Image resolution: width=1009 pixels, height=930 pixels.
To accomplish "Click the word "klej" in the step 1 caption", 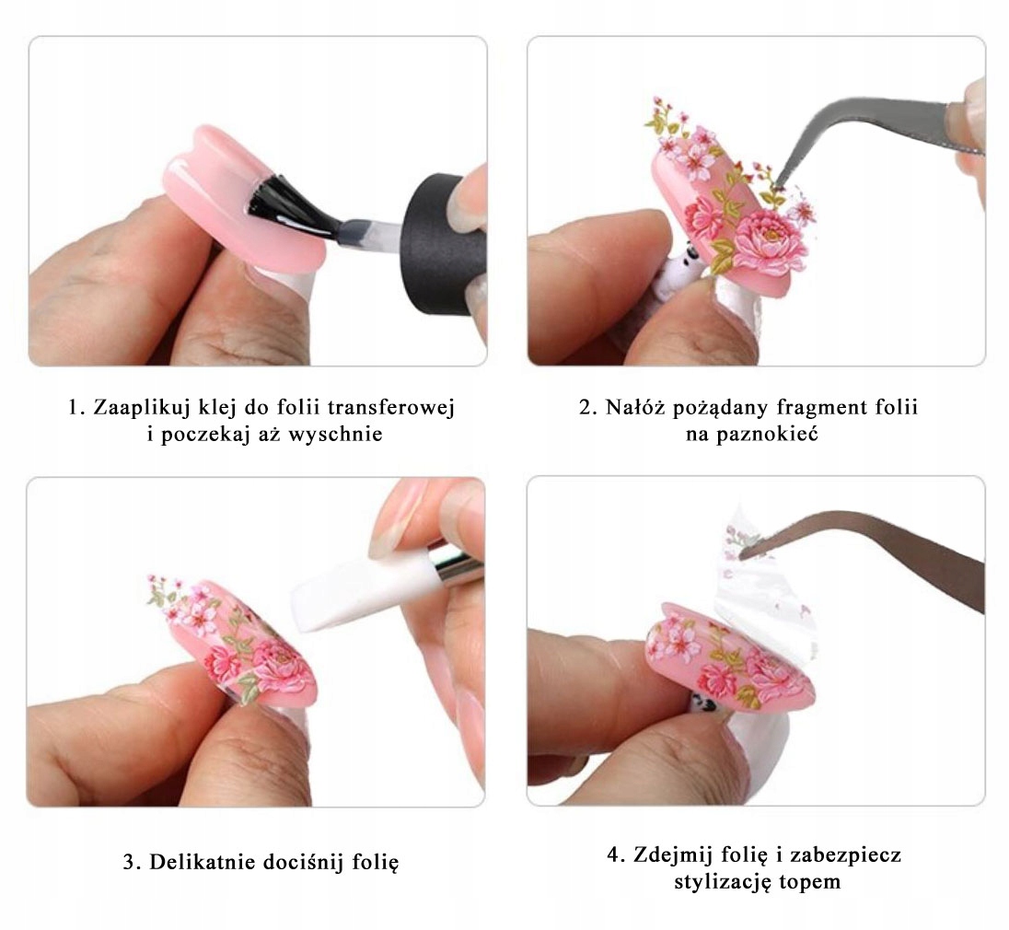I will coord(223,407).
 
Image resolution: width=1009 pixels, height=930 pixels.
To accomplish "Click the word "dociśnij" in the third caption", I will coord(296,863).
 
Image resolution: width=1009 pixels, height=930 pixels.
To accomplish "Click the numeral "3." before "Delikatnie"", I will coord(132,863).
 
